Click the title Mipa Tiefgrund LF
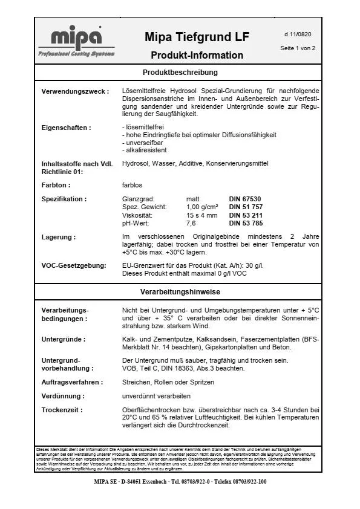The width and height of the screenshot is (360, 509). point(197,37)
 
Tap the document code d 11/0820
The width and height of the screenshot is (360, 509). point(298,34)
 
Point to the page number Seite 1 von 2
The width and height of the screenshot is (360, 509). point(298,48)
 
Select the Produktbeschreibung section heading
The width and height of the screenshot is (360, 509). point(180,73)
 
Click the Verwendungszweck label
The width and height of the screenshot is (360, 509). point(75,92)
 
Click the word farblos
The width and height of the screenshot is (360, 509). point(133,185)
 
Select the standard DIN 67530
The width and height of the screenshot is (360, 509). point(244,199)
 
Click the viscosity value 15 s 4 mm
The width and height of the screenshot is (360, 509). point(202,215)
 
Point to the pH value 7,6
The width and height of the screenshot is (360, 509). point(191,222)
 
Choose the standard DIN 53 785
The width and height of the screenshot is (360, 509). point(245,222)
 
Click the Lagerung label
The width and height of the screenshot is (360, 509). point(59,237)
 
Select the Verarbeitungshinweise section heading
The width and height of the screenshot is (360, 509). point(180,292)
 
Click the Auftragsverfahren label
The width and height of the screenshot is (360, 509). point(72,382)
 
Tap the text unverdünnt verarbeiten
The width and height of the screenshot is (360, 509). point(156,396)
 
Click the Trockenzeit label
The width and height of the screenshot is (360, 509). point(62,410)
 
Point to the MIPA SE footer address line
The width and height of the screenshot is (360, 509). point(180,482)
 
